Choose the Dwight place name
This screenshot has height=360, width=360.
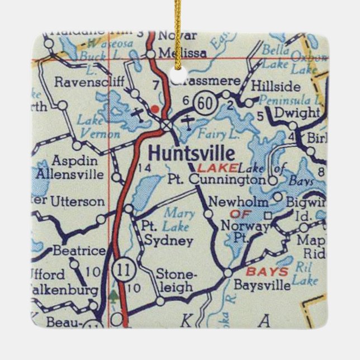point(300,113)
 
